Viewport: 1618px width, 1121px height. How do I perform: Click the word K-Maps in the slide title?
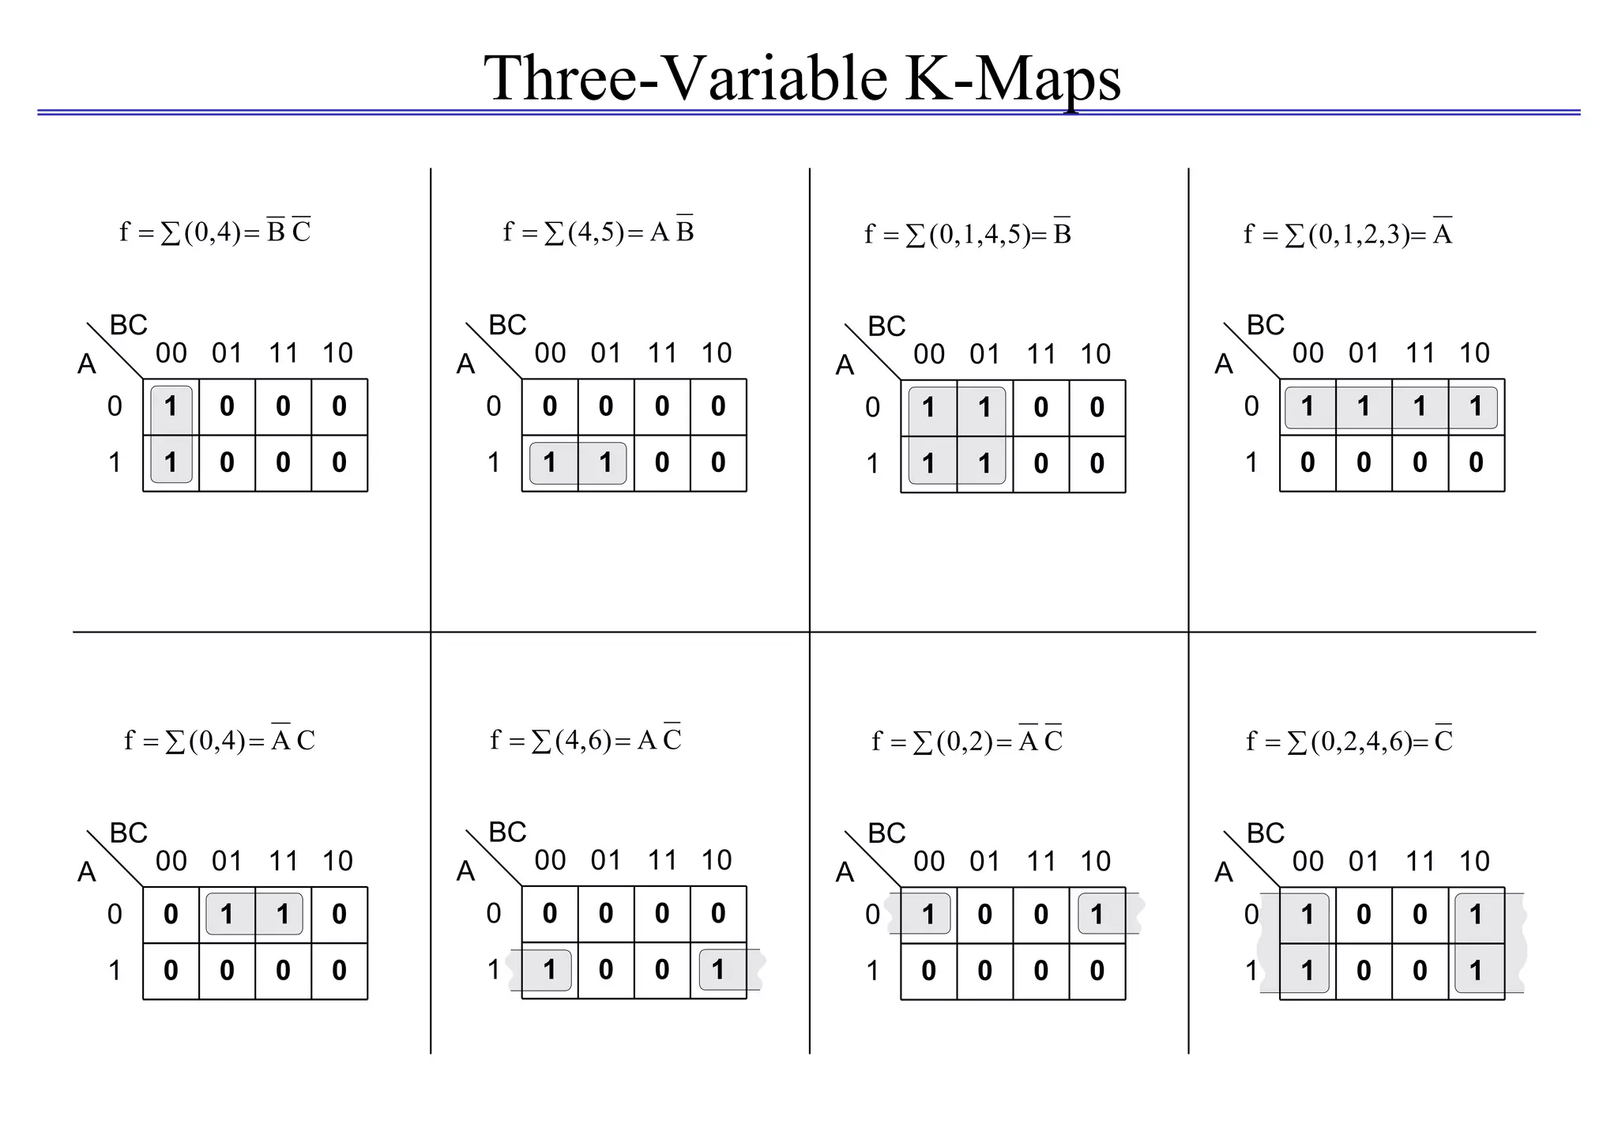tap(1013, 79)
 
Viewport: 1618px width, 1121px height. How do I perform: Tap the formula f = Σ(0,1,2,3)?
tap(1347, 234)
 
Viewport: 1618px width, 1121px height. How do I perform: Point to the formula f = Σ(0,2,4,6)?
tap(1349, 742)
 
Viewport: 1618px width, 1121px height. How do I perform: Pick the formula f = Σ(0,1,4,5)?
tap(967, 234)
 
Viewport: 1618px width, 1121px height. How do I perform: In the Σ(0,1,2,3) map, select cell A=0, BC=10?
tap(1476, 407)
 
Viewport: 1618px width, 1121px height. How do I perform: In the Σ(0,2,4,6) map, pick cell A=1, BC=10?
tap(1476, 971)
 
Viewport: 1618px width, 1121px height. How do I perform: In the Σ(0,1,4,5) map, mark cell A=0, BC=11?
tap(1040, 408)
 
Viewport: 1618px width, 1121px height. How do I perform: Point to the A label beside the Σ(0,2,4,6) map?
tap(1224, 872)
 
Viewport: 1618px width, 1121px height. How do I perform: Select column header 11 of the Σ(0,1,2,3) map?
tap(1420, 353)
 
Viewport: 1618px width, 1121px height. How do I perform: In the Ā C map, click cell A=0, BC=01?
tap(227, 915)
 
